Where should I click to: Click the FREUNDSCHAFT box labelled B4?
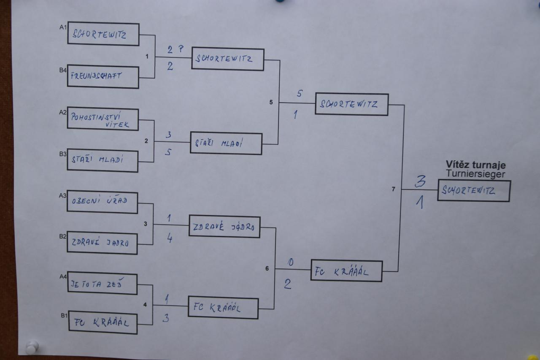pos(103,77)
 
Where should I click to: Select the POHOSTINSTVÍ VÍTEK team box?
pos(103,119)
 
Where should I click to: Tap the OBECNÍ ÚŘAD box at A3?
pos(102,202)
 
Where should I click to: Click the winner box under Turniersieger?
pos(474,191)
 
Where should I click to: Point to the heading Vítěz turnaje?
pos(475,165)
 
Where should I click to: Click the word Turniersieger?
pos(475,173)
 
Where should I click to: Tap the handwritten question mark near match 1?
pos(181,49)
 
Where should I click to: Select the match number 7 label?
pos(393,189)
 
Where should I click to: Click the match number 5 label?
pos(271,102)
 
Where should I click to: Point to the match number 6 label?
pos(267,268)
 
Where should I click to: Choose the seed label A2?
pos(63,112)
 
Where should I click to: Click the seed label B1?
pos(64,315)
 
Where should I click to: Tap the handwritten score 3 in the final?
pos(420,181)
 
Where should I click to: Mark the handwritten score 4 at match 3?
pos(170,239)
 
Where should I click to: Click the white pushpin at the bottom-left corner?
pos(32,347)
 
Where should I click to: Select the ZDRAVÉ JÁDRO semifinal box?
pos(224,227)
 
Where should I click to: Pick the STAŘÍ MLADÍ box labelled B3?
pos(102,161)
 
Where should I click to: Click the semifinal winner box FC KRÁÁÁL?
pos(346,271)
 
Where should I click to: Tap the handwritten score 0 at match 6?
pos(290,262)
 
